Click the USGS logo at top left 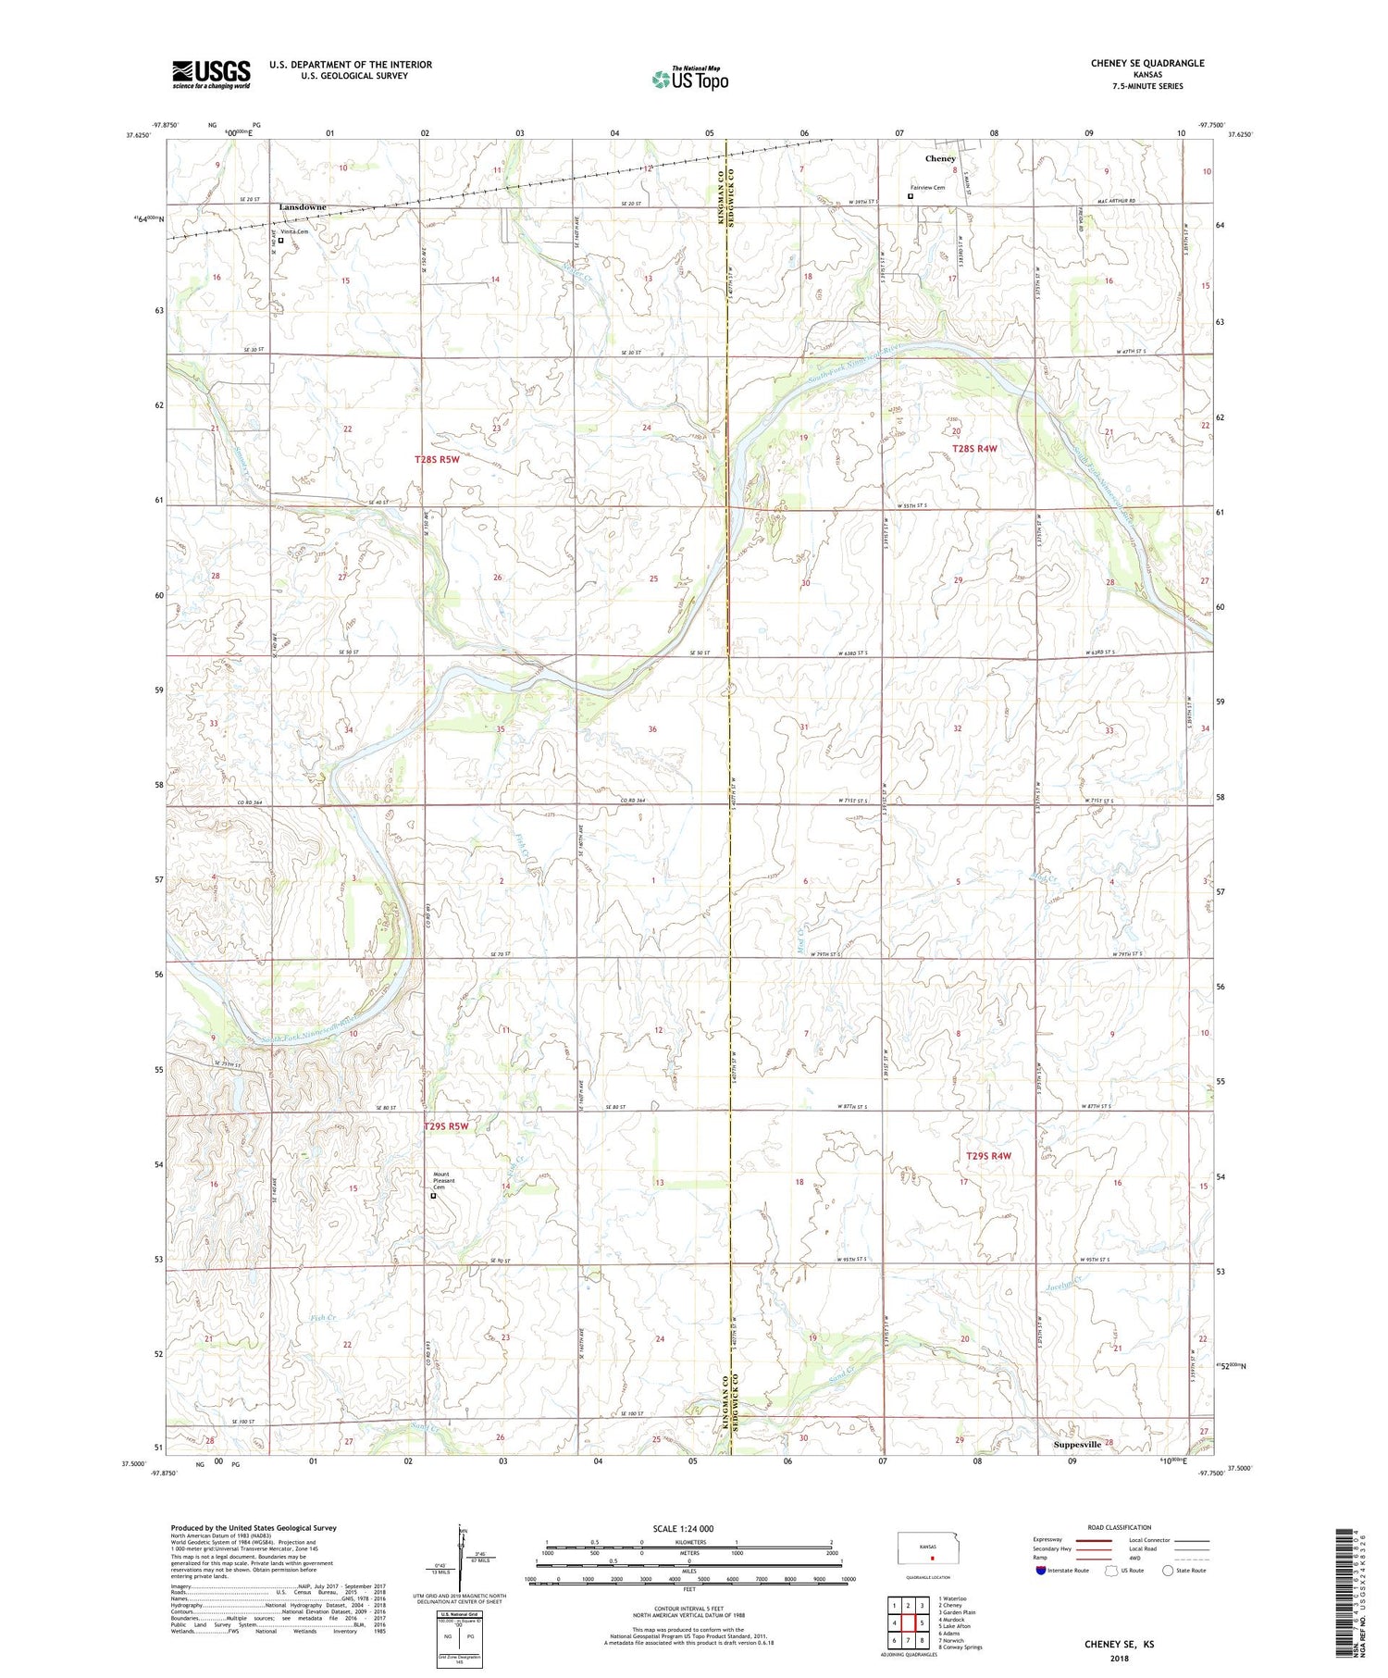pos(211,74)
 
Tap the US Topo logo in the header pos(689,80)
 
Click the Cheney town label pos(940,159)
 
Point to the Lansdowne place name pos(303,207)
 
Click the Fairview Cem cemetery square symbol pos(911,196)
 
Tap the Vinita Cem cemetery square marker pos(281,241)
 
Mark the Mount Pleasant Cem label pos(448,1181)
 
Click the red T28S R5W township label pos(436,459)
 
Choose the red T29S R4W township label pos(988,1156)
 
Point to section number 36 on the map pos(652,729)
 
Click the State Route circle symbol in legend pos(1168,1571)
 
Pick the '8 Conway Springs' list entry pos(960,1647)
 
